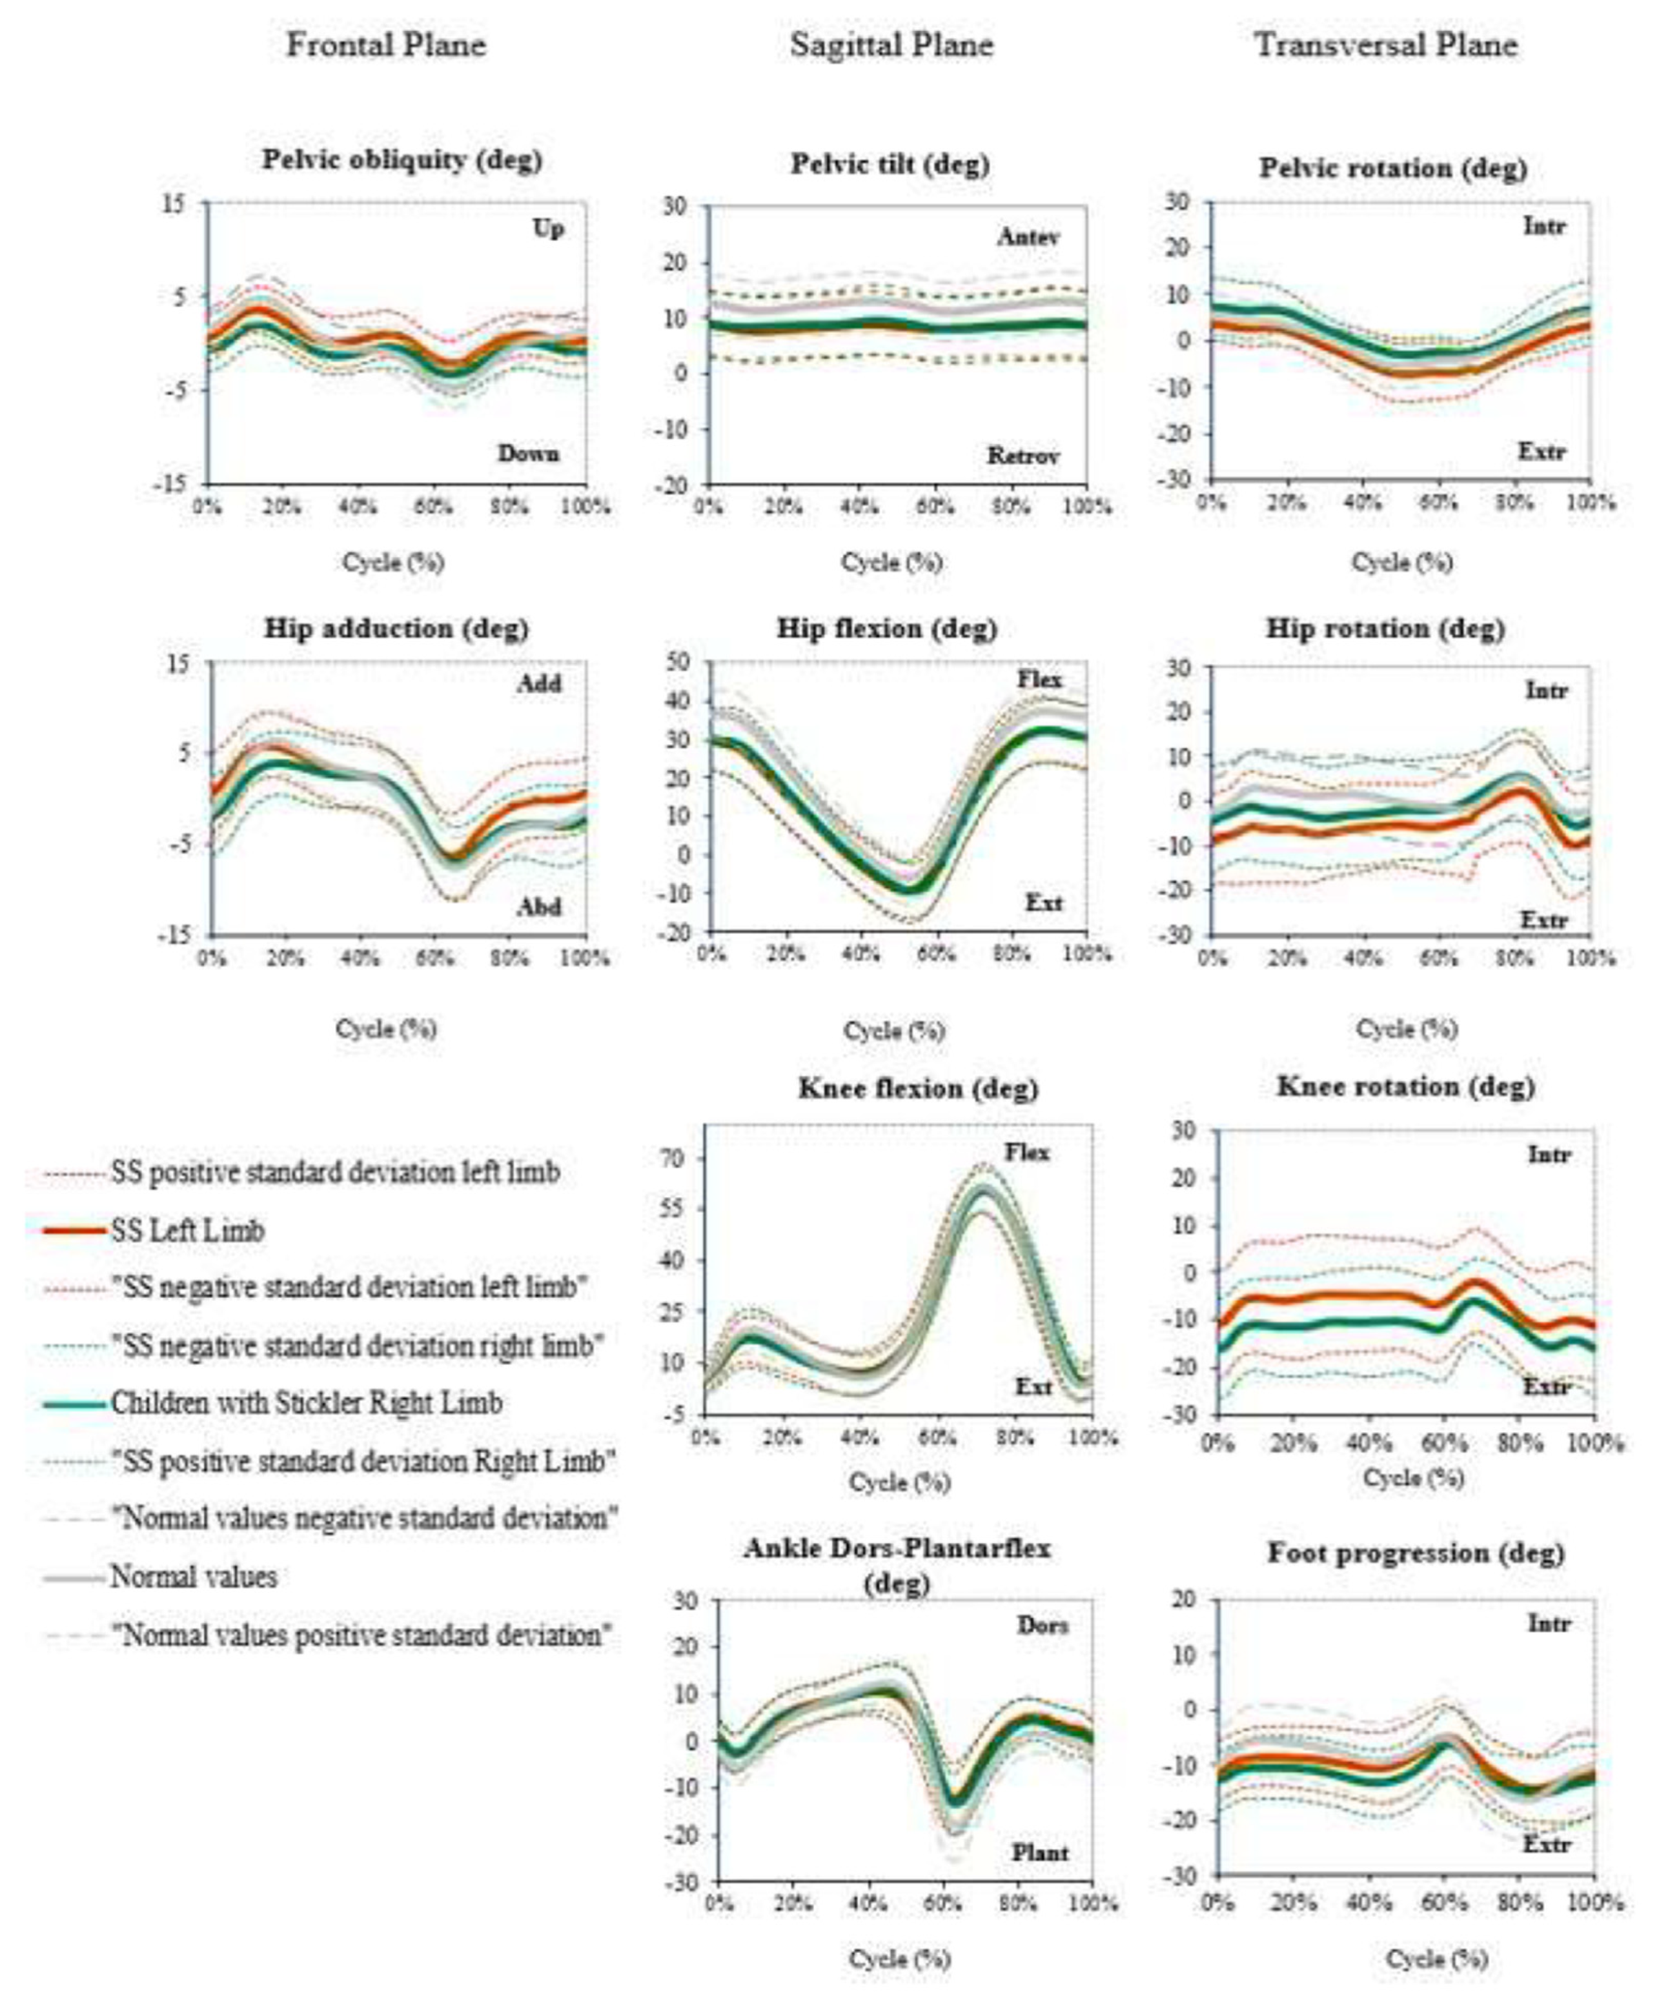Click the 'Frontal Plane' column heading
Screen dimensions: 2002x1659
click(x=386, y=45)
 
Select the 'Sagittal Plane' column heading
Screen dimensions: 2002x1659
click(x=891, y=45)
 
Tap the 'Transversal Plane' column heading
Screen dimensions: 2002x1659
click(x=1385, y=45)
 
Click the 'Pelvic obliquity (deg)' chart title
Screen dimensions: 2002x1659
click(x=402, y=159)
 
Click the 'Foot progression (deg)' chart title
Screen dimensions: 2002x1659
click(x=1415, y=1553)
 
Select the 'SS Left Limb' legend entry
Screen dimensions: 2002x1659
click(x=188, y=1231)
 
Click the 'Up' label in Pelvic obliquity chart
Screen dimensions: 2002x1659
click(x=548, y=229)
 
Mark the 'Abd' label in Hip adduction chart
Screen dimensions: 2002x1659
click(x=539, y=907)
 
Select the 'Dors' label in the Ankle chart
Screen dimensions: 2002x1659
click(x=1042, y=1626)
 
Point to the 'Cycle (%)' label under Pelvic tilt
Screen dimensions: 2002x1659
click(x=891, y=563)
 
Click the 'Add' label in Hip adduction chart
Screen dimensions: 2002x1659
click(x=540, y=683)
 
